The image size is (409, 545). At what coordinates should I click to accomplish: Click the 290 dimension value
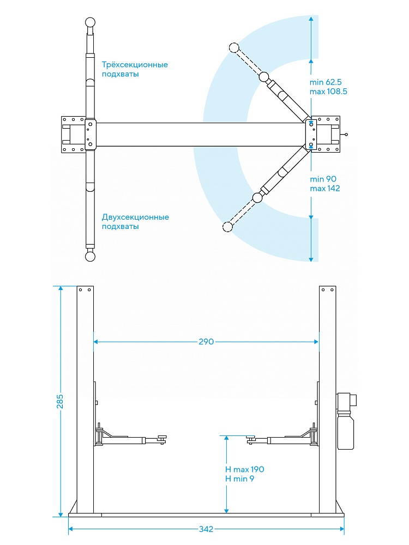(206, 342)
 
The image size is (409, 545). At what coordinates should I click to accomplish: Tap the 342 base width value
(206, 529)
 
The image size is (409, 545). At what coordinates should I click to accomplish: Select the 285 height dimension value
(60, 401)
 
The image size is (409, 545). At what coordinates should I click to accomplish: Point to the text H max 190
(245, 469)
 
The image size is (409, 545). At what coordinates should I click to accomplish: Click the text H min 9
(239, 479)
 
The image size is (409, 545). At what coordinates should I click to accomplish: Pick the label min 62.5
(326, 82)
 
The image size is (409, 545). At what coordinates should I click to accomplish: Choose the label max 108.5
(328, 91)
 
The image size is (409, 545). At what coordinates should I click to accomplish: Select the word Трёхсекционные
(135, 64)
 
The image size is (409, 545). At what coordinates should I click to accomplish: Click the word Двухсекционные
(135, 217)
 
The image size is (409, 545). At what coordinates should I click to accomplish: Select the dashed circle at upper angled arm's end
(235, 48)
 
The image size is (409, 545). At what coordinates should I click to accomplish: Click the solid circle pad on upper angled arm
(264, 76)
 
